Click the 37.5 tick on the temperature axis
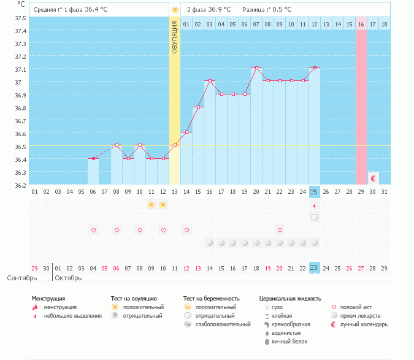[20, 18]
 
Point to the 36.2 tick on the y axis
[20, 185]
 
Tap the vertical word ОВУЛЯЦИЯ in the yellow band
[175, 37]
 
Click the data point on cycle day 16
[210, 81]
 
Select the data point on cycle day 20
[256, 68]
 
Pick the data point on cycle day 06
[93, 159]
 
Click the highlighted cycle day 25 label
[314, 192]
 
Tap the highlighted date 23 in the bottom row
[314, 268]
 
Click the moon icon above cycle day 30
[373, 178]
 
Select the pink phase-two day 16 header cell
[361, 24]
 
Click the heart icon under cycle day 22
[280, 230]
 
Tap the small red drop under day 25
[314, 206]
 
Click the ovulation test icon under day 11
[151, 205]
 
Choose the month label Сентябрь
[22, 278]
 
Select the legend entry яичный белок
[289, 342]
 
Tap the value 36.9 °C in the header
[220, 10]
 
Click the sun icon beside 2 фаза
[175, 10]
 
